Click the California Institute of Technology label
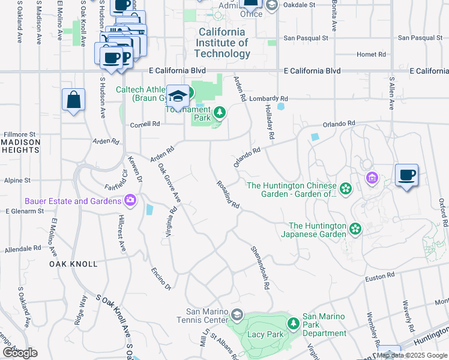(x=222, y=43)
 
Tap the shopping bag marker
(x=73, y=100)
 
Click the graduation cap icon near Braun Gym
(x=178, y=97)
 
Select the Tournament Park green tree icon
(x=220, y=112)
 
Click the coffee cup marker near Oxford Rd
(x=406, y=175)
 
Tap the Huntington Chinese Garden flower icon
(x=345, y=190)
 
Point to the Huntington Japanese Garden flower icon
(x=355, y=229)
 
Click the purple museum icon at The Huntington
(x=372, y=178)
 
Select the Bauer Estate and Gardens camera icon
(x=130, y=200)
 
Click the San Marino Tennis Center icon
(x=237, y=315)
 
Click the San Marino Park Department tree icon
(x=293, y=324)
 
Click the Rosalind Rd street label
(x=228, y=195)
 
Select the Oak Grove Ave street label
(x=169, y=182)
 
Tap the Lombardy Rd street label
(x=270, y=98)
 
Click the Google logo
(x=20, y=353)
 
